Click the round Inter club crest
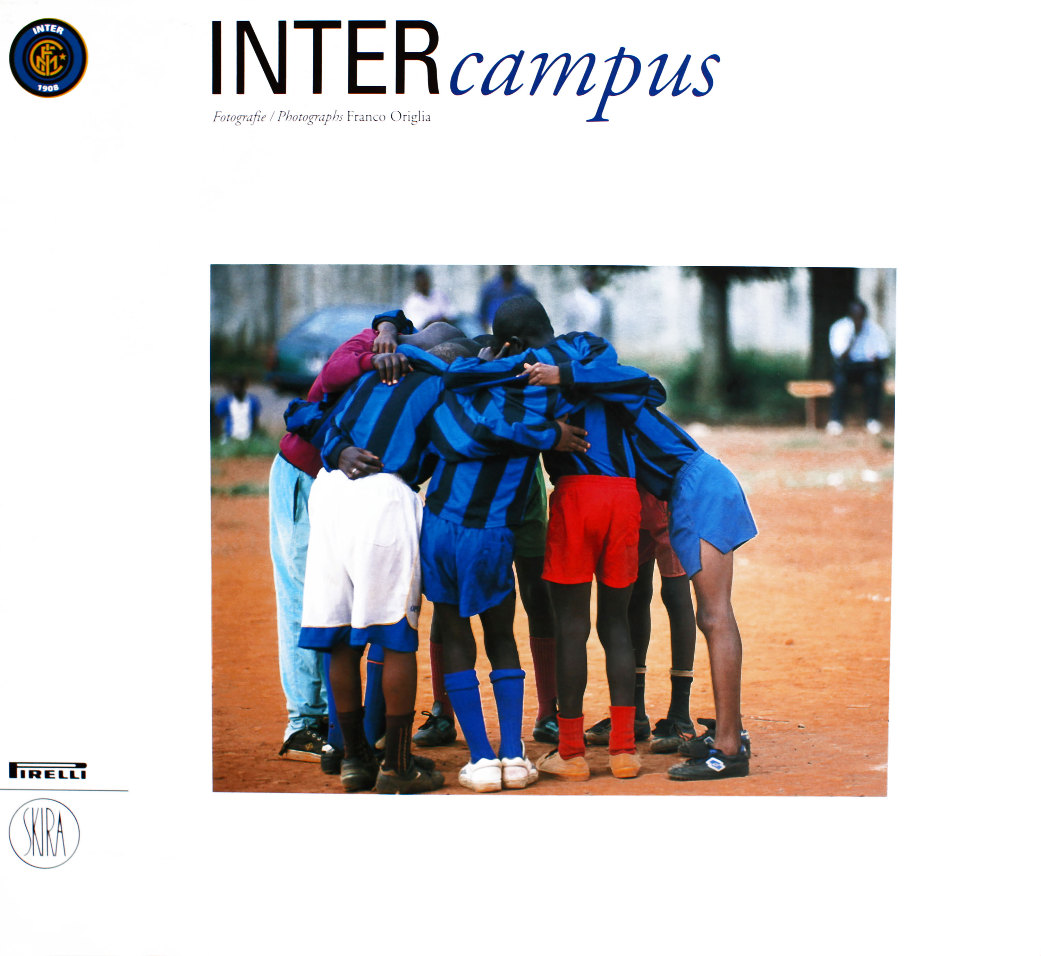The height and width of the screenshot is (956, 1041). pos(49,58)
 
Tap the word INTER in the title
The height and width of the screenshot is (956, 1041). pos(325,58)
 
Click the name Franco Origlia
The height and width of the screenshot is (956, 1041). pos(389,117)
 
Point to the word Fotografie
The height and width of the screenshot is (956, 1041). pos(239,118)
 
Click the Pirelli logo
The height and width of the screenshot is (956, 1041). pos(48,770)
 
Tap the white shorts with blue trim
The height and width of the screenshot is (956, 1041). pos(362,561)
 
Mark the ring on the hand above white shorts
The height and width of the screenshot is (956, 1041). pos(354,470)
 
